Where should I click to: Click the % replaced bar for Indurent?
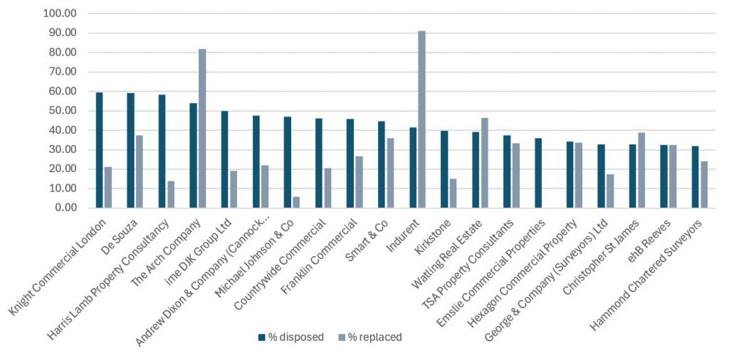pos(422,120)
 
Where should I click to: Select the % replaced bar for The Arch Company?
pos(202,129)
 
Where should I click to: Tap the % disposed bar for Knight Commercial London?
pos(100,150)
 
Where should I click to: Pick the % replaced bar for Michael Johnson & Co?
pos(296,203)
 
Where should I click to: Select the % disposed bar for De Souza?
pos(131,151)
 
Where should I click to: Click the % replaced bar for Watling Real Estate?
pos(485,163)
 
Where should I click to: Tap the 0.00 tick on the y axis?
pos(63,208)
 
